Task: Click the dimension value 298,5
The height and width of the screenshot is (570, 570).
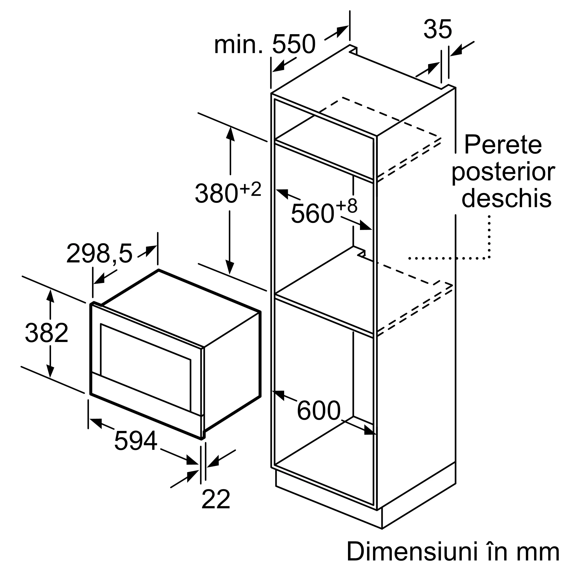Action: (99, 253)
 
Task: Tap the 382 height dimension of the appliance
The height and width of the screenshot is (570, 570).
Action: (47, 333)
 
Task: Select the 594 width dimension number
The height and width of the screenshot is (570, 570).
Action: (135, 441)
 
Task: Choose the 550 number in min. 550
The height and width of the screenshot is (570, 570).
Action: (294, 44)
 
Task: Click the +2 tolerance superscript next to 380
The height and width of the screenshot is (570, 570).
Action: (251, 189)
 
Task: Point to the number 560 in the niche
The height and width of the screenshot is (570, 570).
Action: (312, 213)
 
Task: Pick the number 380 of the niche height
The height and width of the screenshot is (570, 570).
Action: (216, 193)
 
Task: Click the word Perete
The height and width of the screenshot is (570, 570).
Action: (503, 144)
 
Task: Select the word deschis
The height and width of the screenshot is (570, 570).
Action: (506, 199)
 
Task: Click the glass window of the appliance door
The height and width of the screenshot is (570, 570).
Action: (145, 367)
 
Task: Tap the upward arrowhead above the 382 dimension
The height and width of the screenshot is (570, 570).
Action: (50, 296)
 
